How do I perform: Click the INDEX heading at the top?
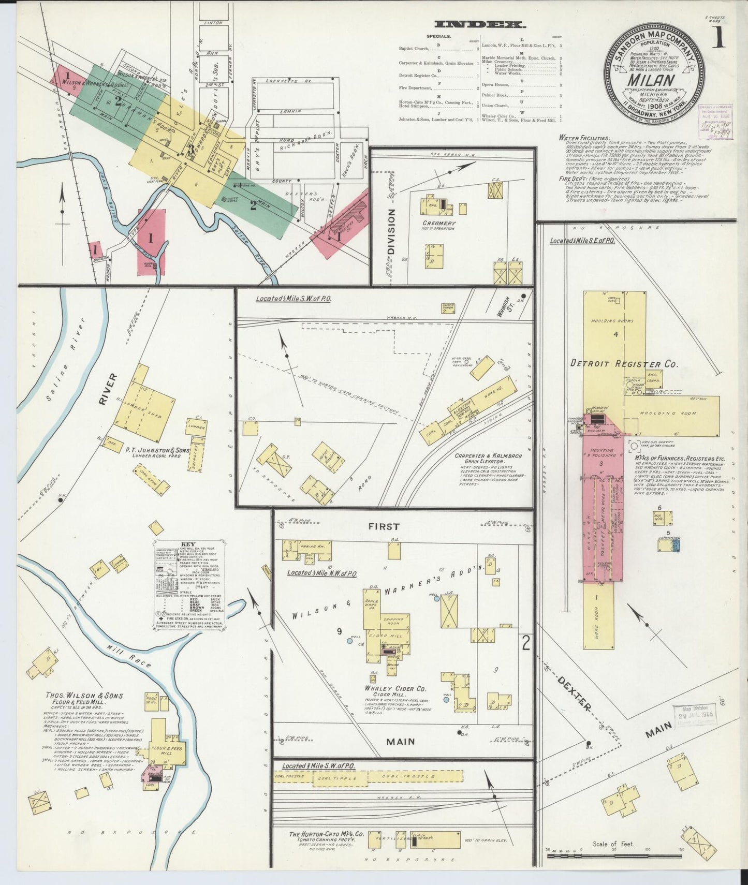(480, 24)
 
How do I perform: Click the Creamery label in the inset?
(438, 224)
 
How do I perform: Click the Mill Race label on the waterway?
(136, 656)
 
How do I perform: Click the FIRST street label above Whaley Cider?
(384, 526)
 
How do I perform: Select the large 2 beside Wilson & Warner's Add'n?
(525, 643)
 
